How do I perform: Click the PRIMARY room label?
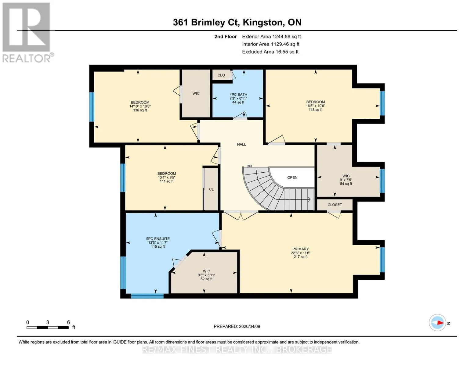(x=300, y=249)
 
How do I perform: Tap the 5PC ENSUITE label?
(x=158, y=239)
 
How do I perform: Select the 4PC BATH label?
(x=238, y=94)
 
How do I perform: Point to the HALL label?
(x=241, y=144)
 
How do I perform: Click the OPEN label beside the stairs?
(x=292, y=178)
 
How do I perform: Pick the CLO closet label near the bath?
(x=221, y=75)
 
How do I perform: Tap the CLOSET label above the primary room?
(x=335, y=205)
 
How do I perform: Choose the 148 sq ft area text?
(x=315, y=109)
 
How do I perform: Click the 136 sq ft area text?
(x=140, y=110)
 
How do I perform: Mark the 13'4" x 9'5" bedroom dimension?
(x=167, y=177)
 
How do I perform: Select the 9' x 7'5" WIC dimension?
(x=346, y=180)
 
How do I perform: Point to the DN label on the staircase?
(x=249, y=166)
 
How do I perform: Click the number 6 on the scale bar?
(x=68, y=322)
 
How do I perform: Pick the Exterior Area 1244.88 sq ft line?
(x=271, y=37)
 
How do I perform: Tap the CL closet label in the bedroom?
(x=211, y=189)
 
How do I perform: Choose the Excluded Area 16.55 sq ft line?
(x=270, y=52)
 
